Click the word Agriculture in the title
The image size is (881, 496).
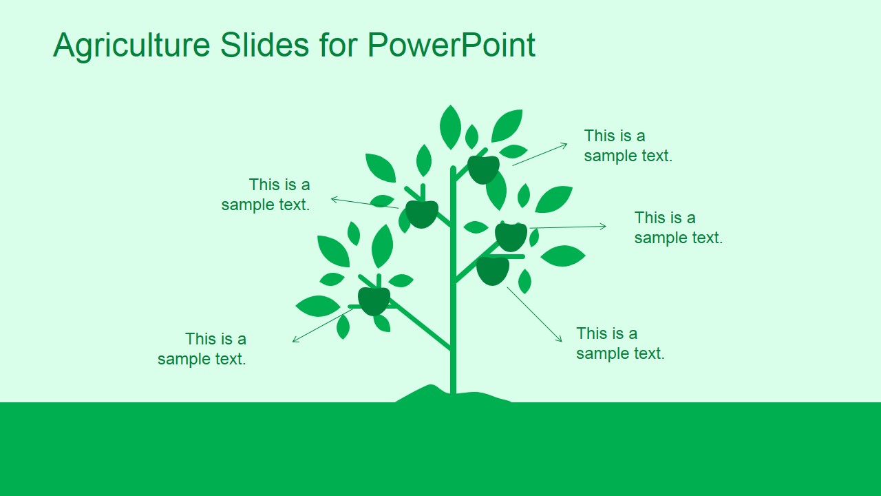point(131,45)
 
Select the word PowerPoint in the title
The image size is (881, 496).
point(451,45)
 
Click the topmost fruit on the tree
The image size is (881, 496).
point(484,169)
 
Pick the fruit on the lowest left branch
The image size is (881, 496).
point(374,301)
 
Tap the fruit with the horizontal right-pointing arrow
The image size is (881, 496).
point(511,237)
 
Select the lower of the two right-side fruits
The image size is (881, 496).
point(493,270)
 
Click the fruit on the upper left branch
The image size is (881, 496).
point(422,214)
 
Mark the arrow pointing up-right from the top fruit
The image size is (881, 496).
point(540,154)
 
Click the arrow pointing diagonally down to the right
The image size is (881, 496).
point(535,314)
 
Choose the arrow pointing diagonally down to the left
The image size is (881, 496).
point(322,325)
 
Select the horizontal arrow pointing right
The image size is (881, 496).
point(568,227)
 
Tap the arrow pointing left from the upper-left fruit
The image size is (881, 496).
point(364,203)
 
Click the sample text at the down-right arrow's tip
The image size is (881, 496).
point(620,343)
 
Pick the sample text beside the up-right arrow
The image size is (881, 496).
point(628,145)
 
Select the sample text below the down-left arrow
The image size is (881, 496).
point(202,349)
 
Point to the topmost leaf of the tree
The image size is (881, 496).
point(450,127)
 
